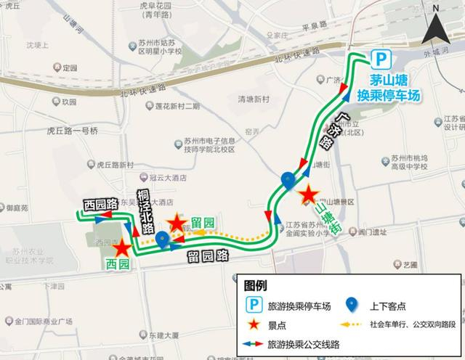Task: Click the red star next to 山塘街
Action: [x=309, y=195]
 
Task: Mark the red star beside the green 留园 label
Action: [x=175, y=224]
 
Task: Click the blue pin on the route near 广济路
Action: [x=288, y=179]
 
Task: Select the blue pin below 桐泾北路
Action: [x=162, y=240]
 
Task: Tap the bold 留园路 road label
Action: [x=207, y=255]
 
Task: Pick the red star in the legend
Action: [x=255, y=324]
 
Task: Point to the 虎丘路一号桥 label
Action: [x=72, y=131]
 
